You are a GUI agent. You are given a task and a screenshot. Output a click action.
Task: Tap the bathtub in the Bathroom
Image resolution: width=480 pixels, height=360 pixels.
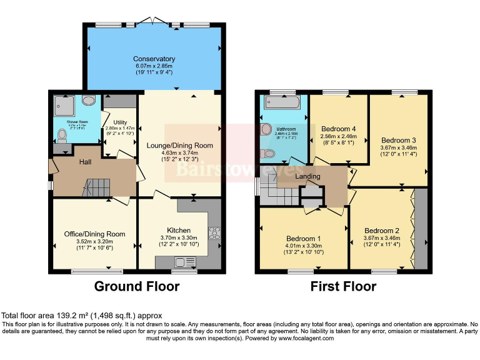click(x=282, y=103)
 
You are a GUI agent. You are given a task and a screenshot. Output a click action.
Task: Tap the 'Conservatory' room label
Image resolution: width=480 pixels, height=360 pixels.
click(x=154, y=59)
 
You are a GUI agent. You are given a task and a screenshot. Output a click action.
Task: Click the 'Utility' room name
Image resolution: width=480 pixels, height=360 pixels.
click(x=120, y=121)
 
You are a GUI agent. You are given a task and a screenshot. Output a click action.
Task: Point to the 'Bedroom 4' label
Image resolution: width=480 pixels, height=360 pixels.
click(x=337, y=129)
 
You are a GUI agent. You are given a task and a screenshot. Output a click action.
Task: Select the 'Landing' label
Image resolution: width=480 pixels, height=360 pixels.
click(x=308, y=176)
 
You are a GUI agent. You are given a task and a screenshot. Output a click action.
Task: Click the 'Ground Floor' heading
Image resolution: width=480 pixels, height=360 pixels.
click(x=137, y=287)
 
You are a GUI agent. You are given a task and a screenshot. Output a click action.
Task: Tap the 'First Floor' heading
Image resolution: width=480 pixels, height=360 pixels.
click(x=343, y=287)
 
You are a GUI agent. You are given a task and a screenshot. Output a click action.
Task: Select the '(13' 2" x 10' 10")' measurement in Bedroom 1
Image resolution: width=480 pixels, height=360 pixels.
click(x=304, y=252)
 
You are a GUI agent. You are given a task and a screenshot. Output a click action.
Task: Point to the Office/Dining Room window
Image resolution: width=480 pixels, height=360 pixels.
click(x=97, y=271)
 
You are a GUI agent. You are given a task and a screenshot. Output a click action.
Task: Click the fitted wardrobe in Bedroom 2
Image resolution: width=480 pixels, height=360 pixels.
click(x=421, y=228)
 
